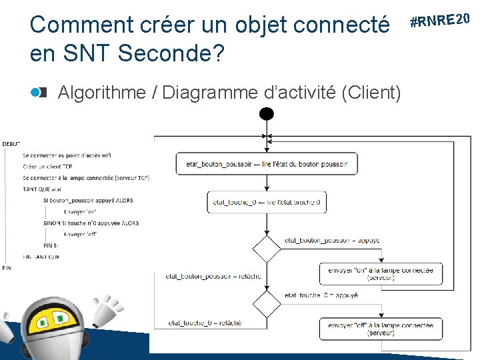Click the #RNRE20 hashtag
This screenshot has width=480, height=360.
pyautogui.click(x=441, y=19)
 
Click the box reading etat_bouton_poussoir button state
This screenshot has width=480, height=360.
pyautogui.click(x=267, y=164)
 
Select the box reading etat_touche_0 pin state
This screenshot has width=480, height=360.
pyautogui.click(x=267, y=202)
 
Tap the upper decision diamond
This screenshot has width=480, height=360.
pyautogui.click(x=267, y=249)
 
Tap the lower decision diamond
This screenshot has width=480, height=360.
pyautogui.click(x=267, y=304)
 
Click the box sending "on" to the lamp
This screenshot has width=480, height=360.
pyautogui.click(x=380, y=274)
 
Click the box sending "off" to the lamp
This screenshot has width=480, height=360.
pyautogui.click(x=380, y=329)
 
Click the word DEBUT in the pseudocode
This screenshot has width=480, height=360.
pyautogui.click(x=11, y=143)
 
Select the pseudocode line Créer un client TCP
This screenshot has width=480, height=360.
pyautogui.click(x=51, y=167)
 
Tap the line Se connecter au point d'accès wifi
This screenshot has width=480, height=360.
pyautogui.click(x=67, y=155)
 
